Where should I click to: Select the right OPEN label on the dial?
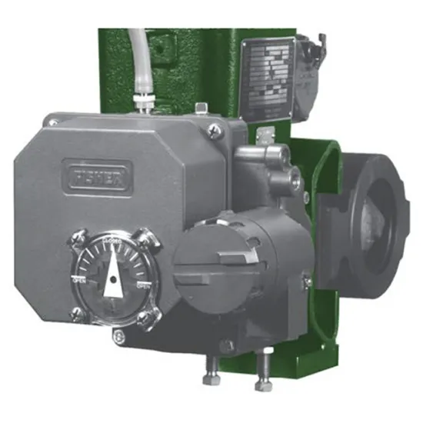pos(144,286)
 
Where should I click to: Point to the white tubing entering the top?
pos(139,54)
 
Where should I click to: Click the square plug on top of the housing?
pos(198,108)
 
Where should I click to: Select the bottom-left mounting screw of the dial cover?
pos(77,312)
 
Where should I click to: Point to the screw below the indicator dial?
pos(118,336)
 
